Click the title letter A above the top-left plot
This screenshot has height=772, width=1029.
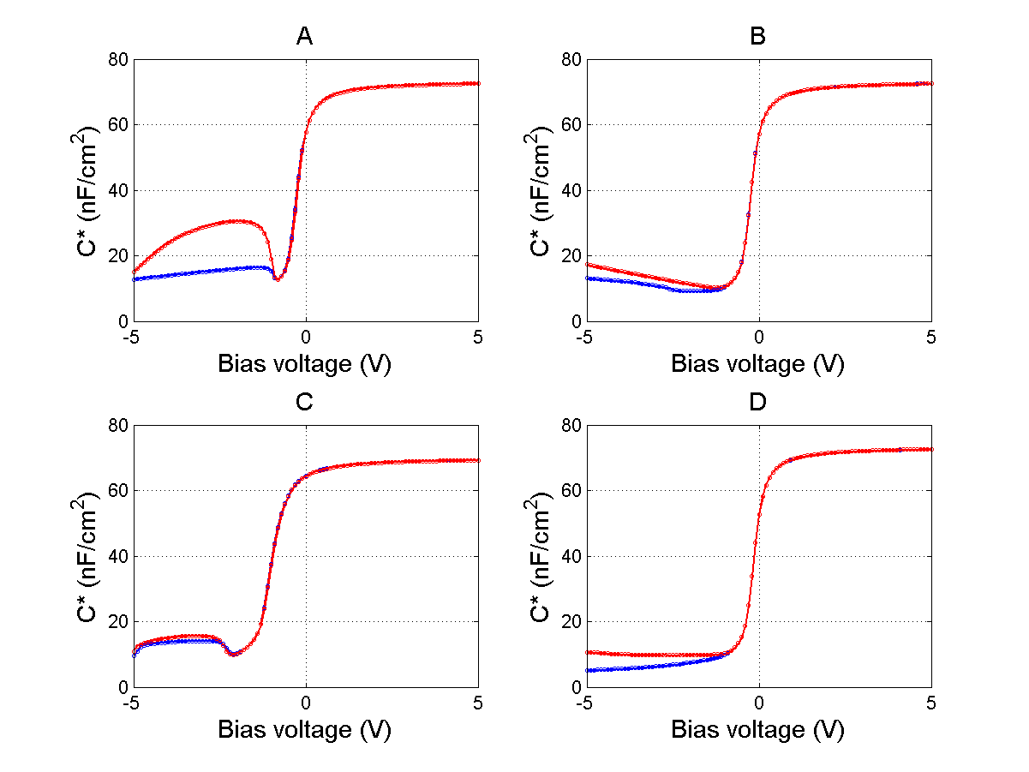point(304,36)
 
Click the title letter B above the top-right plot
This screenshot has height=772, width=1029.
point(757,36)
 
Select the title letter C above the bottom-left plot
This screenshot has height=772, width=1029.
point(304,402)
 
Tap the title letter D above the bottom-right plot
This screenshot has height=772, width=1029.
point(757,402)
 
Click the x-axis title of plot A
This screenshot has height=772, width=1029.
point(304,363)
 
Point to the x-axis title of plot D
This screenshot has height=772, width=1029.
point(757,729)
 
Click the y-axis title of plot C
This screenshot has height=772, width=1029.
point(93,556)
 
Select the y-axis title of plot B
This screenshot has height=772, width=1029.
point(546,190)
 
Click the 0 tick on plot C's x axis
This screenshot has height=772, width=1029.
point(305,702)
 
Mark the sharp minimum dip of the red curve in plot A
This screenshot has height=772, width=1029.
point(277,280)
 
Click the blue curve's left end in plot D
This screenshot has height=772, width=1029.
point(587,670)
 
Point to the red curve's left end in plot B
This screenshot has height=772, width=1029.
point(587,264)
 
